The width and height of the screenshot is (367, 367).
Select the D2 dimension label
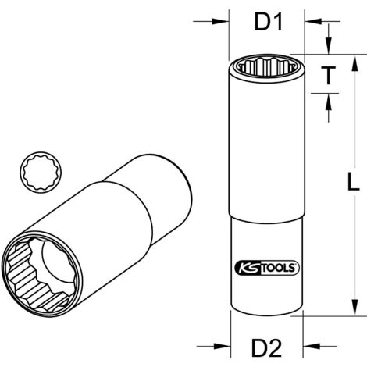click(x=266, y=345)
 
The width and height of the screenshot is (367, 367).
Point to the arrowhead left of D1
click(x=223, y=21)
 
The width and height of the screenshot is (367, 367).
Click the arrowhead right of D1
click(x=308, y=21)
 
